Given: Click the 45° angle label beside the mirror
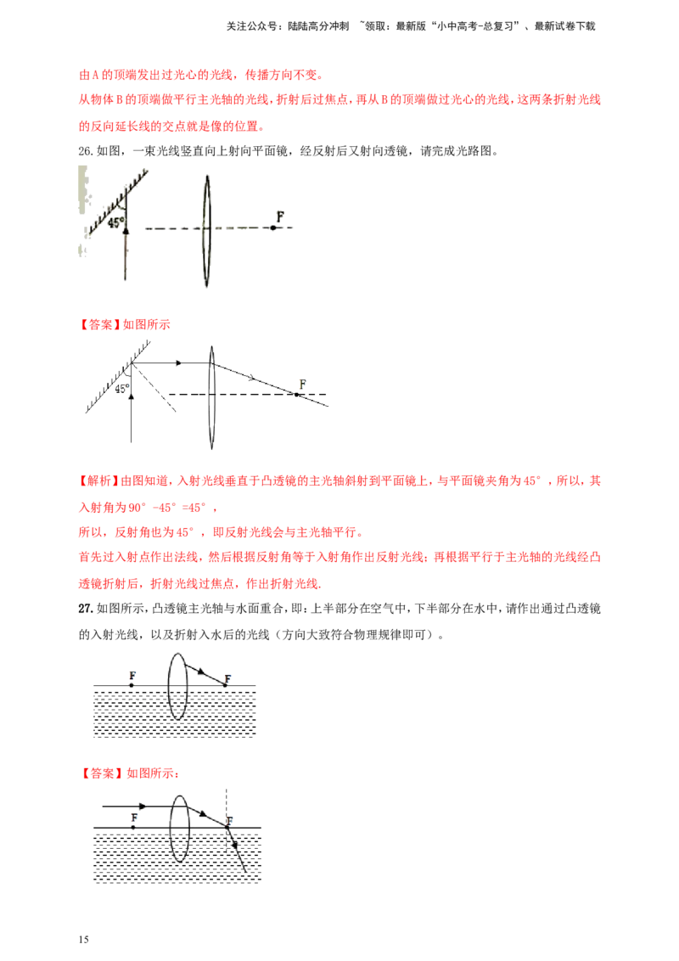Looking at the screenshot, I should point(116,222).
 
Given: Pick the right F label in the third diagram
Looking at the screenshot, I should point(232,677).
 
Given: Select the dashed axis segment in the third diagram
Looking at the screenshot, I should point(123,702).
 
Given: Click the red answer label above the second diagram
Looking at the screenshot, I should point(127,324).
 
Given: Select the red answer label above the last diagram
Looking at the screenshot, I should point(131,773).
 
